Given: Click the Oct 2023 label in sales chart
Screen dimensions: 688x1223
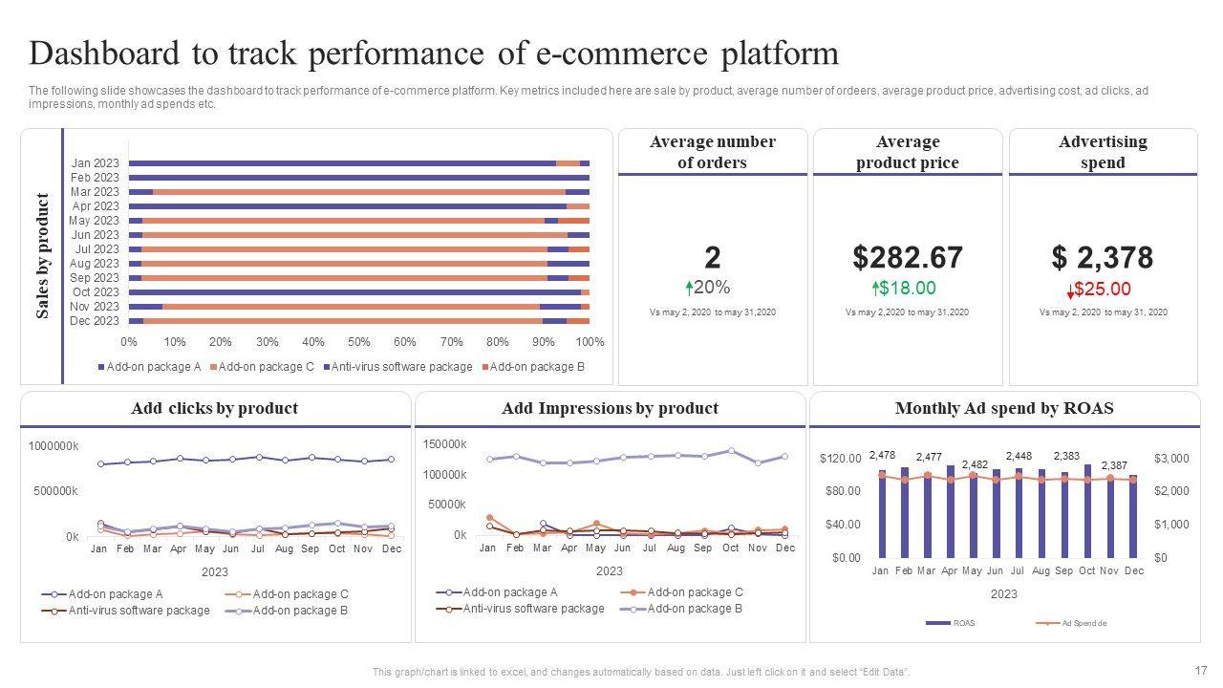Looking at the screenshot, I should tap(96, 292).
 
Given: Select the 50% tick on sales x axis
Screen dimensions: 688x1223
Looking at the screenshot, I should tap(359, 342).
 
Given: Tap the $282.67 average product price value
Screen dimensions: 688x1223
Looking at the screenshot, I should tap(907, 258).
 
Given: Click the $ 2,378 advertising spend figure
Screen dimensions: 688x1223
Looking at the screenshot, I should tap(1102, 258).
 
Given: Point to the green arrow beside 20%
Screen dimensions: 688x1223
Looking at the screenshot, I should tap(689, 288).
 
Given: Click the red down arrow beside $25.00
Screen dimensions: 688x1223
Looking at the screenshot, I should tap(1070, 291).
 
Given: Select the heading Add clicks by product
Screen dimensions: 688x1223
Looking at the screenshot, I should tap(214, 409).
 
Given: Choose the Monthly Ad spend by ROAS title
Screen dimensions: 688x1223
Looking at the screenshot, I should tap(1004, 409).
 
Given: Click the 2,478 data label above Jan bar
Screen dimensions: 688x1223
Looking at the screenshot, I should tap(882, 455).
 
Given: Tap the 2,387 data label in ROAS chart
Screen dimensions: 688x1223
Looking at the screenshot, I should tap(1114, 465).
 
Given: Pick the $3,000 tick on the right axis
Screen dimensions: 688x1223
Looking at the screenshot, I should tap(1171, 459).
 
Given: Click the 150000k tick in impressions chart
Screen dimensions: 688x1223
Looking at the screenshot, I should tap(444, 444).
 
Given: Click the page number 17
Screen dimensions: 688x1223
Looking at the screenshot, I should tap(1201, 670).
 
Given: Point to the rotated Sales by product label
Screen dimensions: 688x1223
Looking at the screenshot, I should tap(42, 256).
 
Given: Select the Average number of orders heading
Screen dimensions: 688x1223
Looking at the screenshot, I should tap(713, 152).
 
